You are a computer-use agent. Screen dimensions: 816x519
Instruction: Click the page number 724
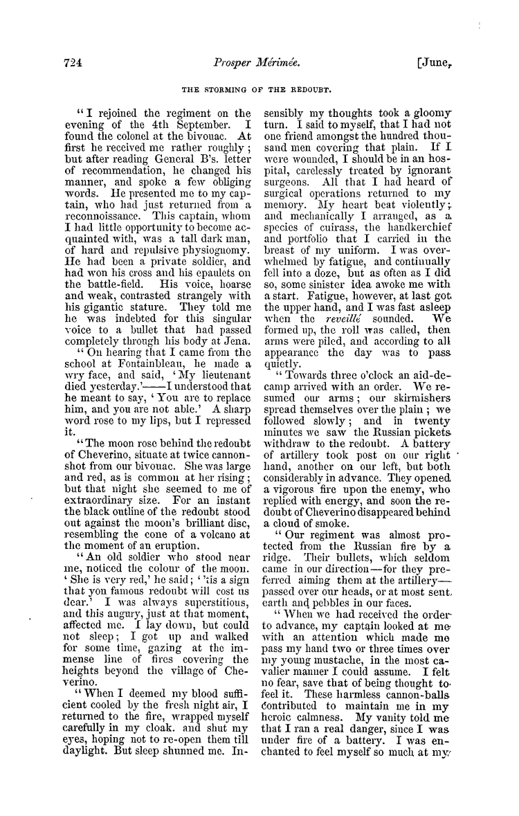(x=70, y=61)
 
